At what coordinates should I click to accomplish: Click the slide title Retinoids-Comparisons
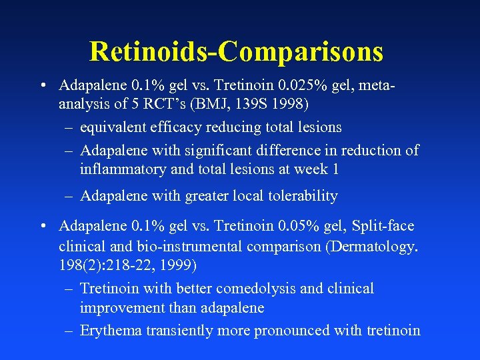tap(236, 51)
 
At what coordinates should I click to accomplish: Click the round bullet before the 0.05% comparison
tap(43, 227)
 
